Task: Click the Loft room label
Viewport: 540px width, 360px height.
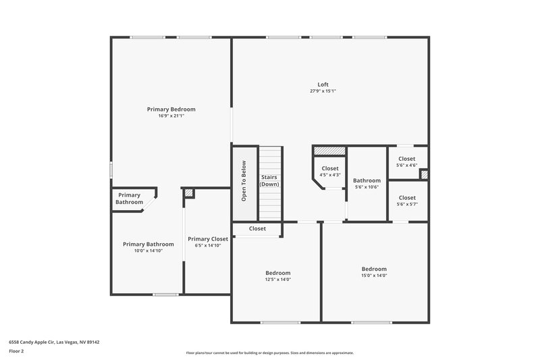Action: (323, 84)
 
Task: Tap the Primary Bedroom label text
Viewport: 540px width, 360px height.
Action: (171, 109)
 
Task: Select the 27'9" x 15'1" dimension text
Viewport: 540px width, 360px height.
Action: (323, 91)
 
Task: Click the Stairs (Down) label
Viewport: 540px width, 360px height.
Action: (269, 180)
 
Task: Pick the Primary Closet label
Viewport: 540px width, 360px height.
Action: (208, 238)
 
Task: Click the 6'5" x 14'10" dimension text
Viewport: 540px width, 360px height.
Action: (208, 245)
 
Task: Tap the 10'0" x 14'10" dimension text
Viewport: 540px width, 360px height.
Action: (148, 251)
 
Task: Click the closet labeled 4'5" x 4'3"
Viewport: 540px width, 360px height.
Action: (330, 172)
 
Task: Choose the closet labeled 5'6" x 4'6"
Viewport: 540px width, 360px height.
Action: (407, 162)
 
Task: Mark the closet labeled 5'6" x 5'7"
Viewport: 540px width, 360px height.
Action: (407, 201)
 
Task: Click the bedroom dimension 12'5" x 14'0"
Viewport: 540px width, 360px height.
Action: (277, 279)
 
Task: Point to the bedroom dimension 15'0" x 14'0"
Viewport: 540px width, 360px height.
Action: (374, 275)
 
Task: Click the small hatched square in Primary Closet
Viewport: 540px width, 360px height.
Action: (189, 193)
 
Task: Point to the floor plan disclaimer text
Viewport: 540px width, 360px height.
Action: (269, 353)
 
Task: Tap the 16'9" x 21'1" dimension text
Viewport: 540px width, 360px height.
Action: (171, 115)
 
